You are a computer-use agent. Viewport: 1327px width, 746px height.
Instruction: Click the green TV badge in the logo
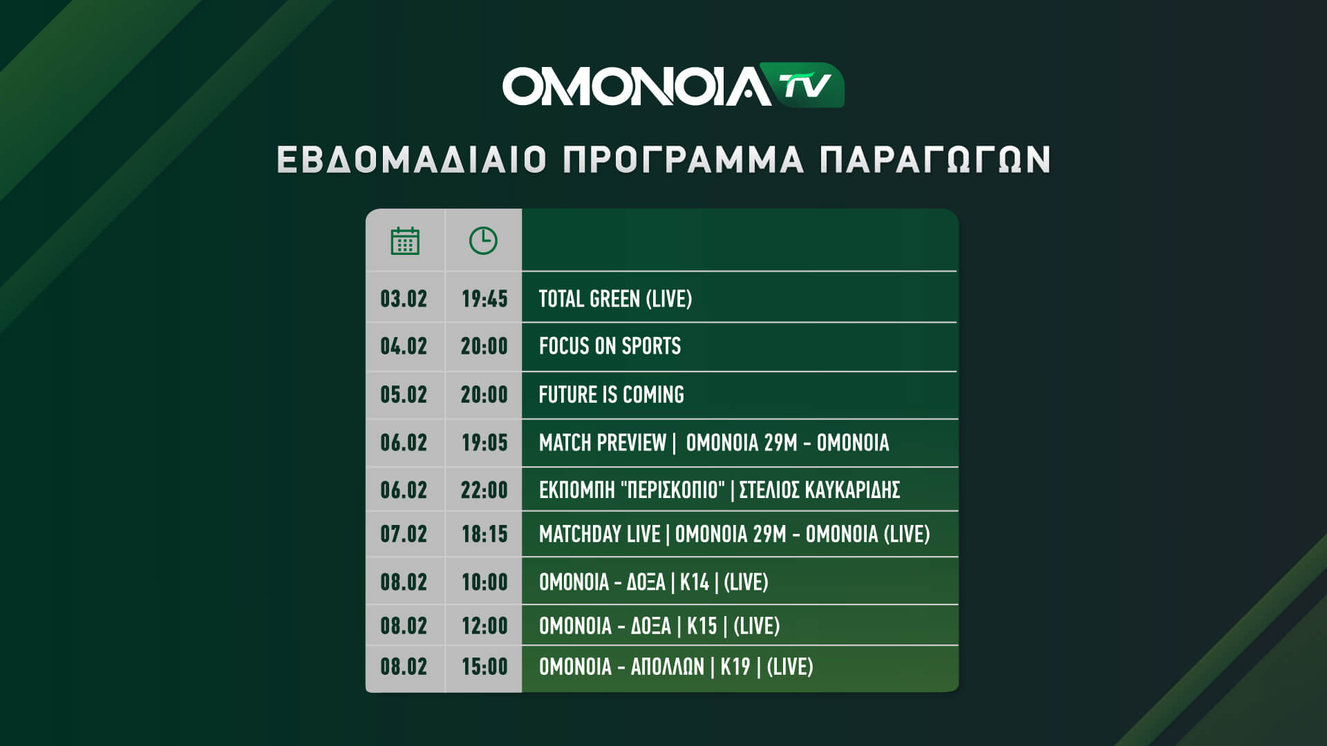(x=807, y=85)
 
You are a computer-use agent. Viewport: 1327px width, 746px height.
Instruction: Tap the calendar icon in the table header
(x=405, y=240)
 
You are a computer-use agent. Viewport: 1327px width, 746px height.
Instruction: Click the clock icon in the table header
(x=483, y=240)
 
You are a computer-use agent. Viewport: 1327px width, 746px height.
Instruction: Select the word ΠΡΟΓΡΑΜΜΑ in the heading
(x=684, y=160)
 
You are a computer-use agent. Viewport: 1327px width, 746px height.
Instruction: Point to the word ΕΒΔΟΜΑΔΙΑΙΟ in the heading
(x=412, y=160)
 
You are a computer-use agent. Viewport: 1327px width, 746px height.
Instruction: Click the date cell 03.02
(x=404, y=299)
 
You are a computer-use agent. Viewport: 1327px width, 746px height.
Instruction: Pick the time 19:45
(x=484, y=299)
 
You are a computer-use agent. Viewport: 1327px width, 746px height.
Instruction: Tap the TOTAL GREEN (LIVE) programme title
(x=615, y=299)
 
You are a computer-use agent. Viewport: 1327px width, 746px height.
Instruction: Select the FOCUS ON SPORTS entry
(x=610, y=346)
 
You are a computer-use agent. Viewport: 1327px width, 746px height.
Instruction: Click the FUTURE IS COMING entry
(x=612, y=394)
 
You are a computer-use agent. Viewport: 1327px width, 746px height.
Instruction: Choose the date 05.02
(x=404, y=394)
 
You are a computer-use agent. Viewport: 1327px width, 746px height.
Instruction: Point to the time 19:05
(x=484, y=443)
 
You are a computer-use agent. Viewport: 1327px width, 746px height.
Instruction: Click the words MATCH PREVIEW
(x=603, y=443)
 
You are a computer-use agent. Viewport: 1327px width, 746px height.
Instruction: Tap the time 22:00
(x=484, y=490)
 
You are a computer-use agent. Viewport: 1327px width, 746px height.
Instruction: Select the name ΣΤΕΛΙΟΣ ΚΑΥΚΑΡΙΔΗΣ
(x=820, y=490)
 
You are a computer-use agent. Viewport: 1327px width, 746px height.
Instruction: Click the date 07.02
(x=404, y=534)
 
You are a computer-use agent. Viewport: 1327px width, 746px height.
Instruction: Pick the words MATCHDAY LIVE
(x=600, y=534)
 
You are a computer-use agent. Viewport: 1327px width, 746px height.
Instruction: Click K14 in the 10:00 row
(x=695, y=582)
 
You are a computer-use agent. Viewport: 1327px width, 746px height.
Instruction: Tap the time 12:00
(x=484, y=627)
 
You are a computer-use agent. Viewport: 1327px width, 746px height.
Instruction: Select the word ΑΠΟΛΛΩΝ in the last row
(x=668, y=667)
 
